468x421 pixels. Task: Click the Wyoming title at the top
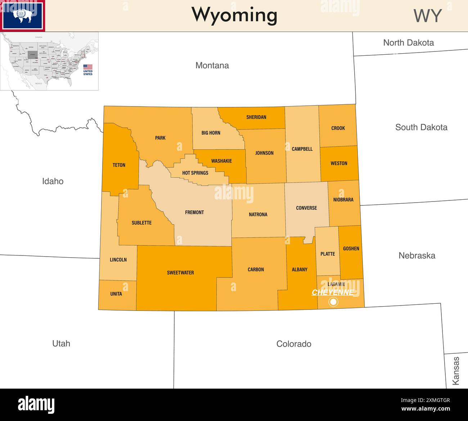234,15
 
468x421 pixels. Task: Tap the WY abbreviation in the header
427,16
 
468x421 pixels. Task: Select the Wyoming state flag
22,16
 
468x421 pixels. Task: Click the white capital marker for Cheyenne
333,302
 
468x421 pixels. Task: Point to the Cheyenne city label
333,292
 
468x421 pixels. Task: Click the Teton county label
119,165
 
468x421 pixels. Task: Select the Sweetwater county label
180,273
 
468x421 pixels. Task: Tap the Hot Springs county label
195,173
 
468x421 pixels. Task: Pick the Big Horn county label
211,133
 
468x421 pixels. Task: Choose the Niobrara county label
343,200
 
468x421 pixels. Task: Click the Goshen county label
351,249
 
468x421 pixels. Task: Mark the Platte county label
328,254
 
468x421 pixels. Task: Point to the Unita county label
116,294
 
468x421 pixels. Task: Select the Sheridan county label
256,117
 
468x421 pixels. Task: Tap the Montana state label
212,65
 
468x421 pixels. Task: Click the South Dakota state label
421,127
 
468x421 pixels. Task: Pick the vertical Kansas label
456,371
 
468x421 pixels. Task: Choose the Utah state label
61,344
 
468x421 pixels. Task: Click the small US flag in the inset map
88,67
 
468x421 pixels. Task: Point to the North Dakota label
408,43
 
